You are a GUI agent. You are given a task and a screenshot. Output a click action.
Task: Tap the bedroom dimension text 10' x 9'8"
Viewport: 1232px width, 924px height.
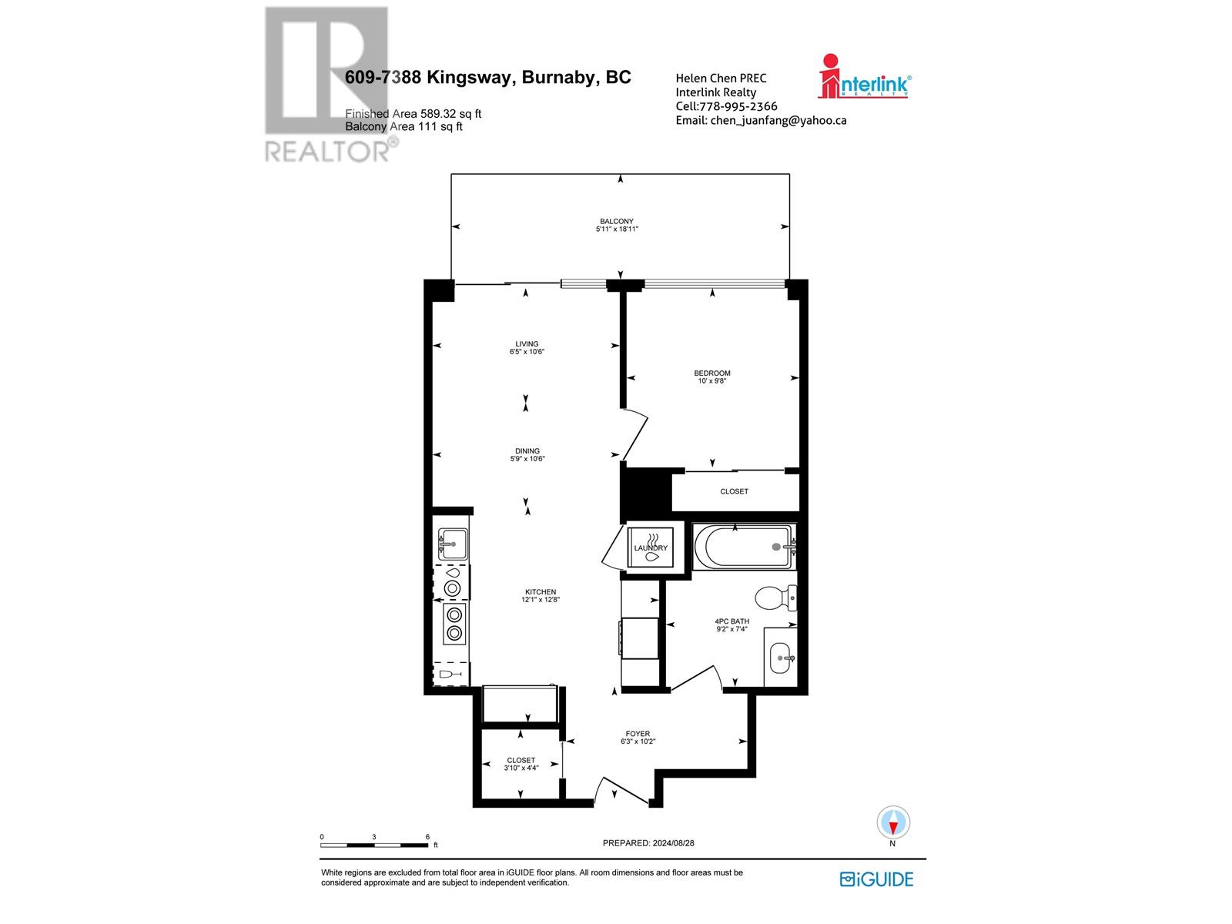coord(711,380)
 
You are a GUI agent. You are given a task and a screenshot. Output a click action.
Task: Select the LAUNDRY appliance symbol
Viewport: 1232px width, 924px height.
coord(651,547)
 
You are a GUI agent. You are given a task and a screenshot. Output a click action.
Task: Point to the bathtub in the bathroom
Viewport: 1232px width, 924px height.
coord(743,547)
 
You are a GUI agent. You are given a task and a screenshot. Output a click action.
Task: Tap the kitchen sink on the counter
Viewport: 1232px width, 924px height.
coord(452,545)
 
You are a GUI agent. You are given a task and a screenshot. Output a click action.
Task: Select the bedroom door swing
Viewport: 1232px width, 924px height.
coord(635,436)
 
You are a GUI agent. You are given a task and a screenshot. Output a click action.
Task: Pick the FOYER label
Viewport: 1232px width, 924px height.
coord(638,734)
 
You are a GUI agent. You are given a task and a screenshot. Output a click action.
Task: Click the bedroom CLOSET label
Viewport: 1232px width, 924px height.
coord(734,491)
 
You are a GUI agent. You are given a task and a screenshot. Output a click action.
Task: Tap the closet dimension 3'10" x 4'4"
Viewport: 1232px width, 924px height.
coord(521,768)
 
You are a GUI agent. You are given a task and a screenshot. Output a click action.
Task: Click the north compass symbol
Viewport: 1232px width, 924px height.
coord(893,823)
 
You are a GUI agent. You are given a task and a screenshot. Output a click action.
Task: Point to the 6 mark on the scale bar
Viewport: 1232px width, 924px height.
coord(427,836)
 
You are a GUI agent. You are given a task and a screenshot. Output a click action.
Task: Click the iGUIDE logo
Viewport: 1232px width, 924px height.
coord(876,879)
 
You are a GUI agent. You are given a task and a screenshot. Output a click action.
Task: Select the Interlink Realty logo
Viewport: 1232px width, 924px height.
coord(864,76)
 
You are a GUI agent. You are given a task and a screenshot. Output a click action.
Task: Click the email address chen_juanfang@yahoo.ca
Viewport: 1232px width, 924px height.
coord(761,120)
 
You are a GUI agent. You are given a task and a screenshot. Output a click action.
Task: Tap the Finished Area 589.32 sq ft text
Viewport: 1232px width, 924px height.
coord(413,114)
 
